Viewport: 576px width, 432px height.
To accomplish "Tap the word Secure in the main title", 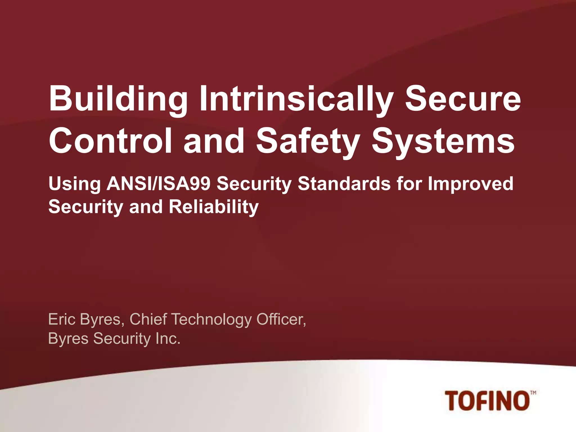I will [462, 99].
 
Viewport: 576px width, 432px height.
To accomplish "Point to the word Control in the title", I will [110, 140].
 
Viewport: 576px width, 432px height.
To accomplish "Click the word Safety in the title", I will [308, 140].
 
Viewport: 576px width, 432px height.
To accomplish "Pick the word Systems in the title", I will [443, 140].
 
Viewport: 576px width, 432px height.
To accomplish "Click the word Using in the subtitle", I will [75, 184].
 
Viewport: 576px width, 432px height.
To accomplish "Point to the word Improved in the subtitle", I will [471, 184].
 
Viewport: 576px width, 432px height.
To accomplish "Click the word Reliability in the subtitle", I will [214, 207].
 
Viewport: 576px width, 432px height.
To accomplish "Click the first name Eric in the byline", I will [61, 319].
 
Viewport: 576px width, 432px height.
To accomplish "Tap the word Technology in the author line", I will [211, 320].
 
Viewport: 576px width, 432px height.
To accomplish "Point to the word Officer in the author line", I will [281, 319].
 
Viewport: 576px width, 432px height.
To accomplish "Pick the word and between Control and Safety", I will [214, 140].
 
